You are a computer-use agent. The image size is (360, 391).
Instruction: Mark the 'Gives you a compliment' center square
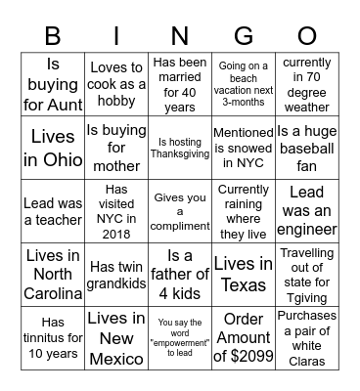179,210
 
